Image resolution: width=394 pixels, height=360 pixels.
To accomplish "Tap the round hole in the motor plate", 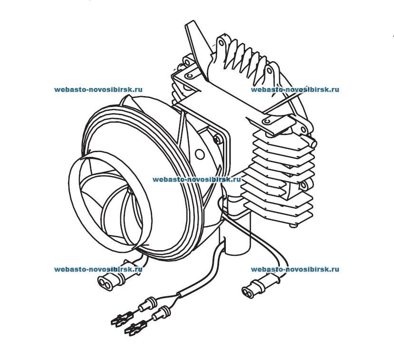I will click(200, 155).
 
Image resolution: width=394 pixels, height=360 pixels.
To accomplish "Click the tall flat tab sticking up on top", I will click(194, 38).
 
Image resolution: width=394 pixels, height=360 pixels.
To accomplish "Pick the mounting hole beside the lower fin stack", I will click(303, 185).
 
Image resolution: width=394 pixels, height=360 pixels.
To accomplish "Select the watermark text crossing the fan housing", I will click(197, 180).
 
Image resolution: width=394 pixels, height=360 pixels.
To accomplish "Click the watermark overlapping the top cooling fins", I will click(295, 89).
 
